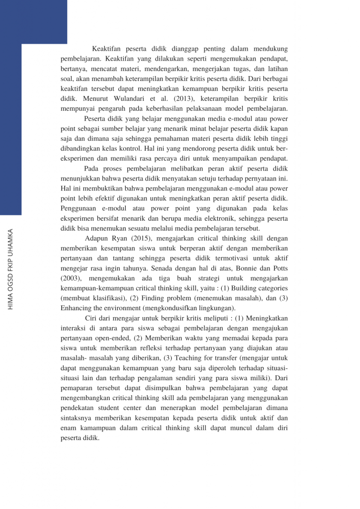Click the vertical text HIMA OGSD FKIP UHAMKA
10,262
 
